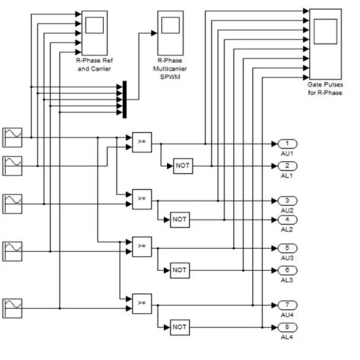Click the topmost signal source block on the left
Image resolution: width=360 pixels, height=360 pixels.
[13, 137]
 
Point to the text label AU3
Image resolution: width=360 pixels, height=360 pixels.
[287, 258]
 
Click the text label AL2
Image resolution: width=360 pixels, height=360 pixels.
[287, 229]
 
